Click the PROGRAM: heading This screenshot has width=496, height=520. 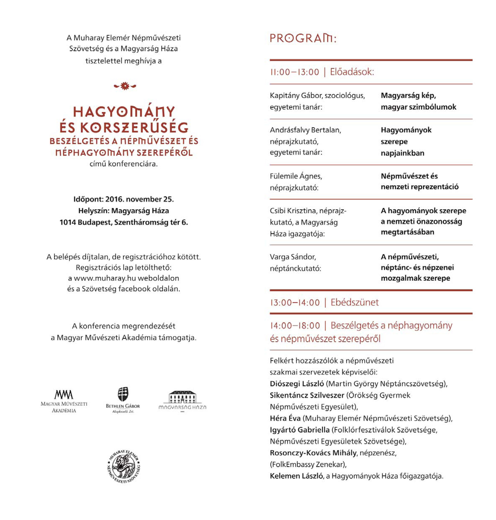point(303,39)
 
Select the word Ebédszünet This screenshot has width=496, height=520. point(355,302)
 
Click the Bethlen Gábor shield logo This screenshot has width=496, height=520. point(123,395)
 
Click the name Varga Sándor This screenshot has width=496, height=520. point(293,257)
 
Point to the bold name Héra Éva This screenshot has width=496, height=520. point(285,418)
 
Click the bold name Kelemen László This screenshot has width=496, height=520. point(296,476)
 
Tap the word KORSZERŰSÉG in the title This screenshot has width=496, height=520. point(134,128)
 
